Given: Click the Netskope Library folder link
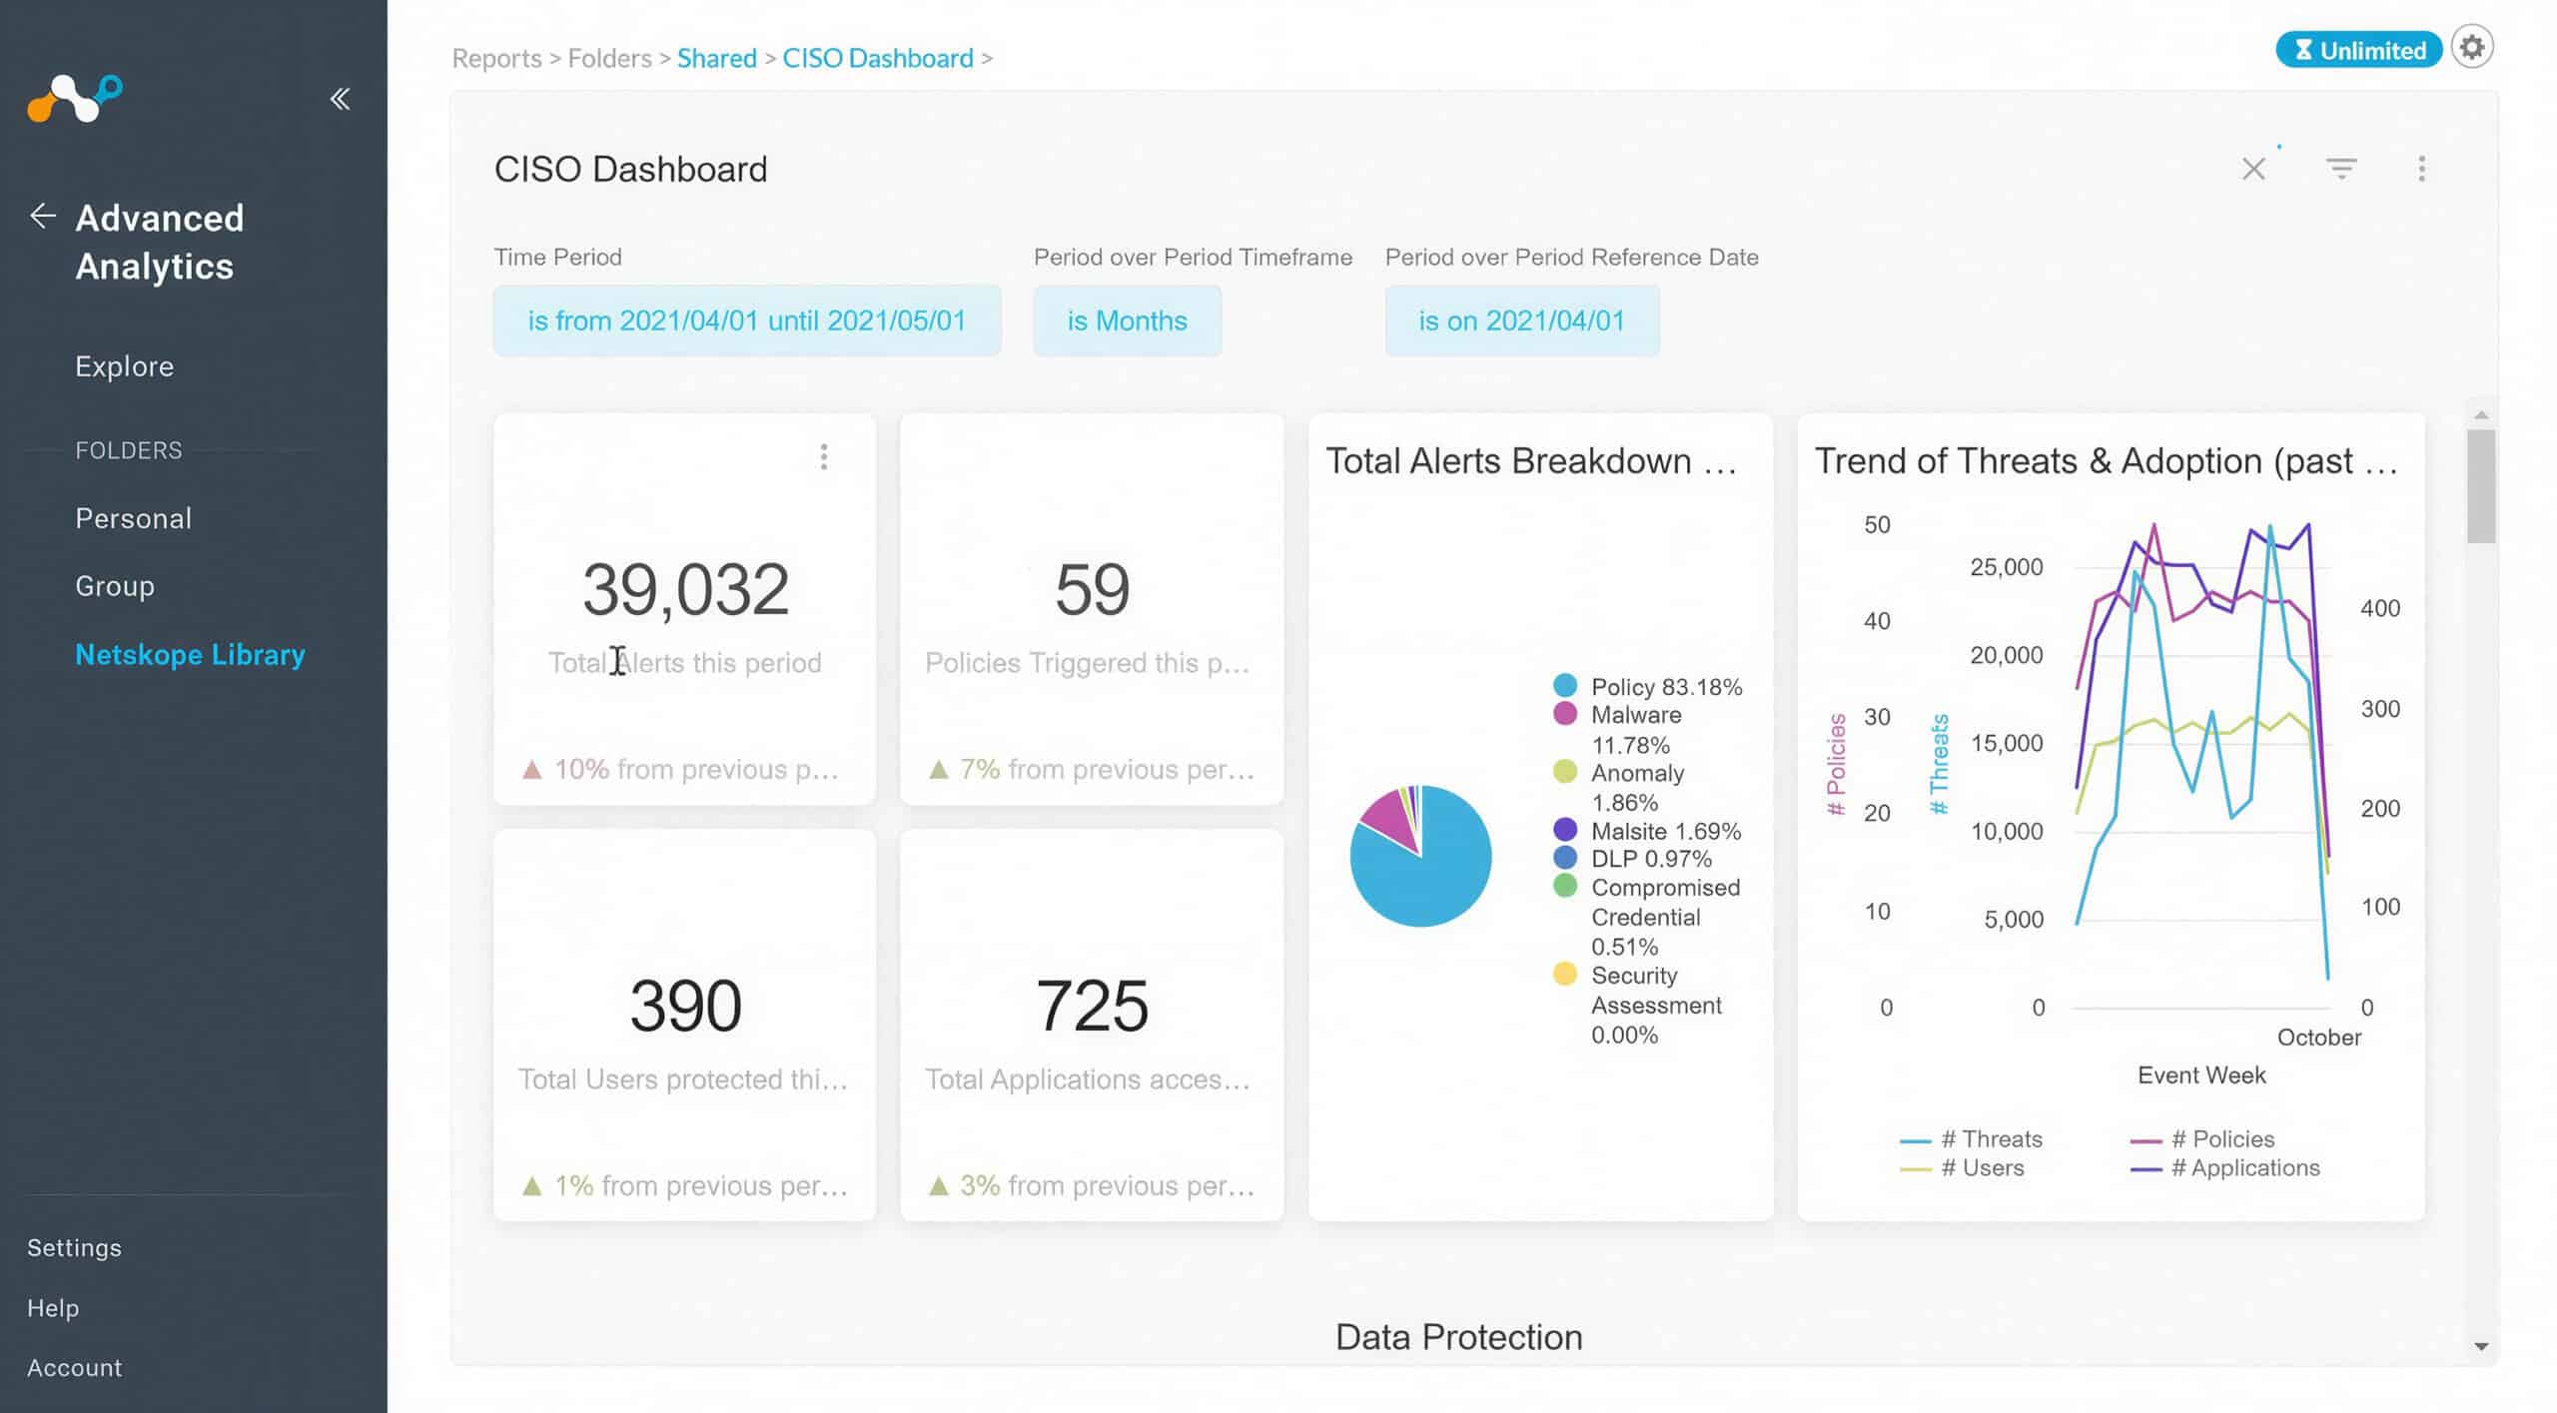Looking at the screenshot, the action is point(190,655).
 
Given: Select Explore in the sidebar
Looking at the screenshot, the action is point(125,366).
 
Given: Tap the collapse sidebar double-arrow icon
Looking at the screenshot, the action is point(341,99).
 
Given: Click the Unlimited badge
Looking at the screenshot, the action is point(2358,50).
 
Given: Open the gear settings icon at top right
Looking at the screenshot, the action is point(2472,47).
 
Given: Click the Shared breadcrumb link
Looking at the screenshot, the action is point(717,58).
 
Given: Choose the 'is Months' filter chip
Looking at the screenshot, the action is point(1127,321).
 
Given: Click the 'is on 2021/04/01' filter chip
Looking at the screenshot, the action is point(1521,321).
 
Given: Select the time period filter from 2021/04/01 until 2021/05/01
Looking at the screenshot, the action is point(747,321).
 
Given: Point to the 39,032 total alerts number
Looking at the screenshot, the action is point(686,589).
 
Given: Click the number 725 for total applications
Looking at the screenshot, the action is point(1092,1005).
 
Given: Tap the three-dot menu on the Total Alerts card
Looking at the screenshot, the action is point(824,457).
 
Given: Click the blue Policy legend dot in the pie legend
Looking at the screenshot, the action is point(1565,685).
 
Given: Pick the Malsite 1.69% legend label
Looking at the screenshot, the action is point(1666,831).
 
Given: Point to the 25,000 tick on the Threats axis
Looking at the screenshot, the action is point(2006,567).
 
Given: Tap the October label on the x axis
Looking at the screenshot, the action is point(2319,1038).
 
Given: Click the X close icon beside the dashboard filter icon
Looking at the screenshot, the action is point(2253,169).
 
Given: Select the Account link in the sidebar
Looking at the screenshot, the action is point(75,1368).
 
